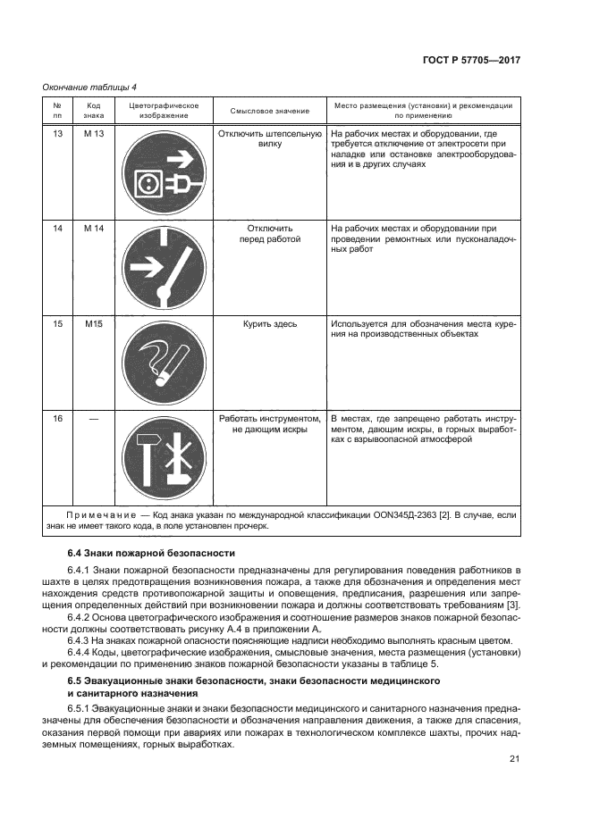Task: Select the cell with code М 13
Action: pyautogui.click(x=94, y=134)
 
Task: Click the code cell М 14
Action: pyautogui.click(x=94, y=229)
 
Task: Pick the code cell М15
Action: pyautogui.click(x=94, y=323)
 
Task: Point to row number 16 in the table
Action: pyautogui.click(x=57, y=418)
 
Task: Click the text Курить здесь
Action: pyautogui.click(x=269, y=323)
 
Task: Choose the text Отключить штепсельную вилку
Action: pyautogui.click(x=269, y=138)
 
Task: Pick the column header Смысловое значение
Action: pyautogui.click(x=269, y=111)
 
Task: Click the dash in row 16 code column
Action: pyautogui.click(x=94, y=418)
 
